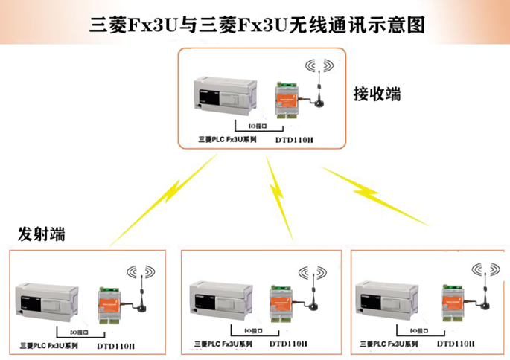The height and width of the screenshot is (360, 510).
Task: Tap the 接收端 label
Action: point(376,94)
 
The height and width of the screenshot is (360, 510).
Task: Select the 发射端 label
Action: point(42,235)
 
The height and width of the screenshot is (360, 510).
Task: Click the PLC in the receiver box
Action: point(225,95)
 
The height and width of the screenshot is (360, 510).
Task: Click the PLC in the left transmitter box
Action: point(45,301)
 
